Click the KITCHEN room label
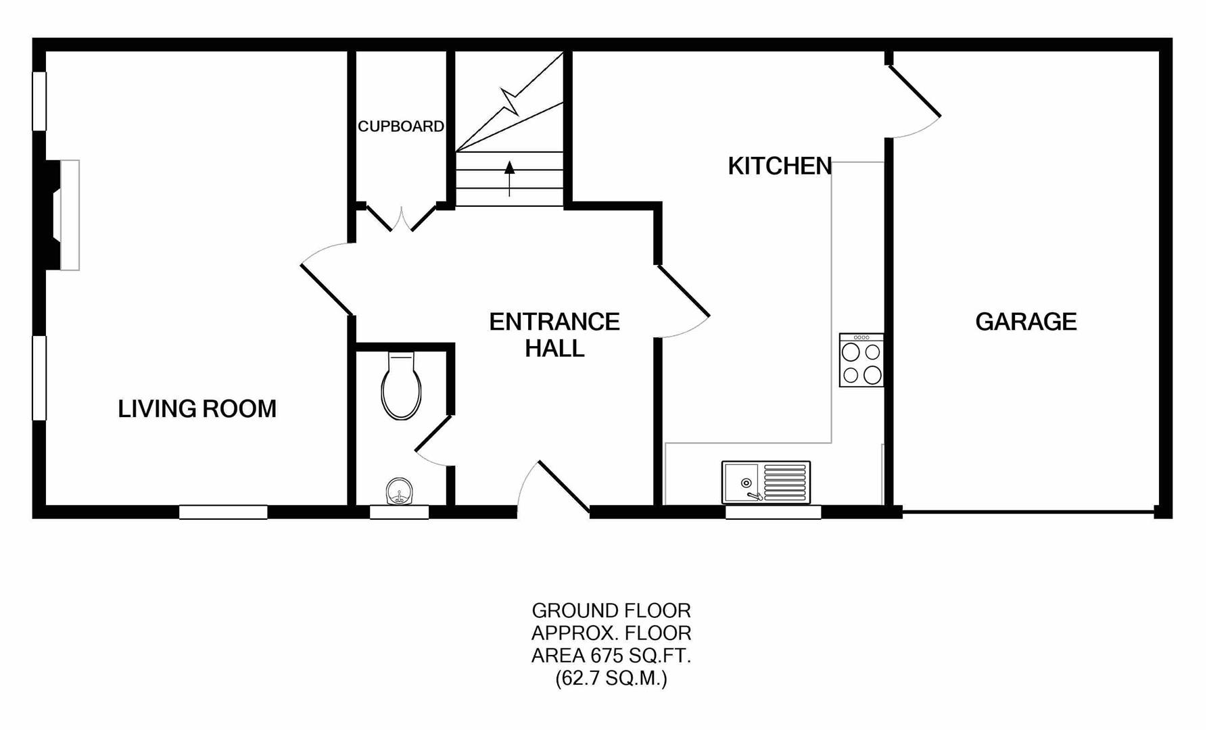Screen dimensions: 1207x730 click(780, 166)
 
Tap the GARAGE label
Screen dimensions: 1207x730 click(1026, 322)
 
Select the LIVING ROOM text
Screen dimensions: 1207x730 click(197, 409)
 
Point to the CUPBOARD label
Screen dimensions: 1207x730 click(401, 126)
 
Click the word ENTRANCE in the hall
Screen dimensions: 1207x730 click(554, 322)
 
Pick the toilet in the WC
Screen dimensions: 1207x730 click(402, 386)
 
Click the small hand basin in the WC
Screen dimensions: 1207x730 click(399, 492)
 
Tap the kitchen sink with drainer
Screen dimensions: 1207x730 click(766, 483)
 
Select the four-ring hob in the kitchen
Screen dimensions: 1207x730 click(861, 360)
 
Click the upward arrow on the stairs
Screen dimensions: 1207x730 click(509, 178)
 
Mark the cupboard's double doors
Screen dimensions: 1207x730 click(401, 218)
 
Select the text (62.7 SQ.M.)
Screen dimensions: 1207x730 click(611, 678)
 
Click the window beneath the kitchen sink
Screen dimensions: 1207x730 click(773, 512)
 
